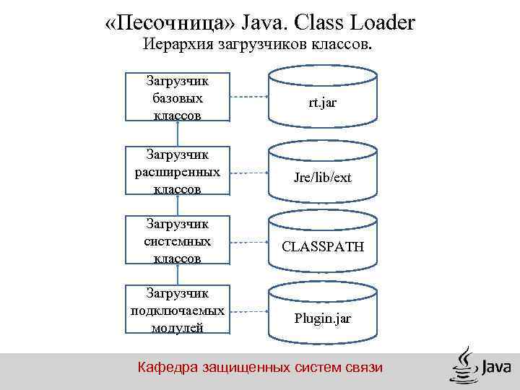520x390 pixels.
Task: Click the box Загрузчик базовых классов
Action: tap(178, 97)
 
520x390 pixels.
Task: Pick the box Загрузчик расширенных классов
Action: tap(178, 172)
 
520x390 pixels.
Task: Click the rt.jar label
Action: tap(323, 103)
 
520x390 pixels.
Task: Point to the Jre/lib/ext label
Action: tap(323, 177)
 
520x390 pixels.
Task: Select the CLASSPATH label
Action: tap(323, 247)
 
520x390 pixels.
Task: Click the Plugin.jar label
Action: tap(323, 318)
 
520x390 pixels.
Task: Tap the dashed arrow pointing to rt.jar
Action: tap(248, 97)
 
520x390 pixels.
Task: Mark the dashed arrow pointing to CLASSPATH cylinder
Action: tap(248, 242)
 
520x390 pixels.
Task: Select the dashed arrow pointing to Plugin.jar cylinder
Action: tap(248, 311)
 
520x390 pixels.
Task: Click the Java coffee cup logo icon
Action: tap(464, 365)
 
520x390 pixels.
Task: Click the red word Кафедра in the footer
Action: tap(163, 368)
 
